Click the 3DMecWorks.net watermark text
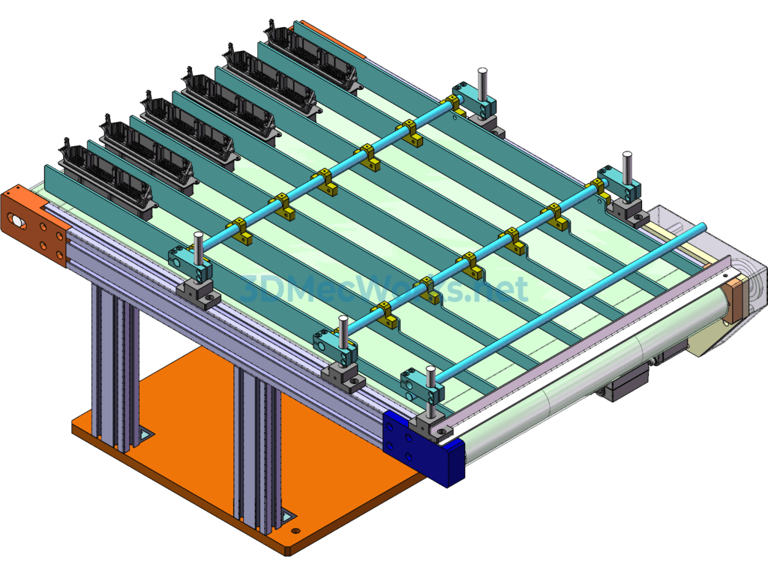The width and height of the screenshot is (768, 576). point(384,289)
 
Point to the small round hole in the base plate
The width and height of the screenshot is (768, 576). point(295,530)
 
